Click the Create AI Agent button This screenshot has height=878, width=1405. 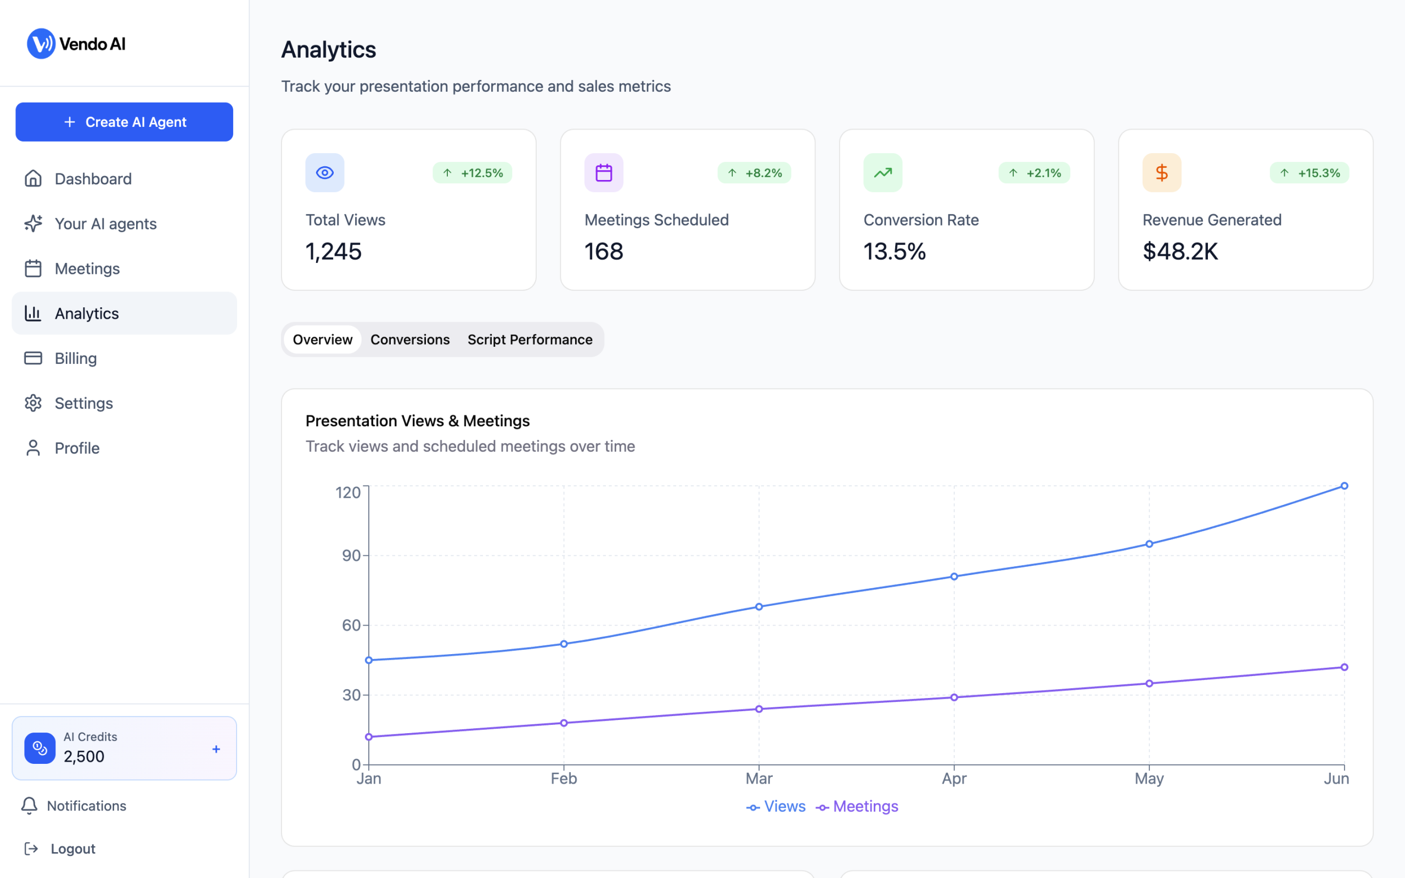[124, 122]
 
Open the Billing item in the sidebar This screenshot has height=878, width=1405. [76, 358]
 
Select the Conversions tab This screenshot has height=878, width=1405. [410, 340]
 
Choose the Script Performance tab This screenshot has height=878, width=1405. [530, 340]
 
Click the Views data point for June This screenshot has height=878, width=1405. [1344, 486]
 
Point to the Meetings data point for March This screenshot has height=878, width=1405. [759, 709]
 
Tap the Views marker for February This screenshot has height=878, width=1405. [564, 644]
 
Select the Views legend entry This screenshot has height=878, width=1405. [776, 807]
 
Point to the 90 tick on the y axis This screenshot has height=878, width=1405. [351, 556]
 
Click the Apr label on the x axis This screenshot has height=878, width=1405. [954, 779]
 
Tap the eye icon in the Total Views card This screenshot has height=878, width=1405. [324, 172]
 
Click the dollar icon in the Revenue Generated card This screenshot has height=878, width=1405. [1162, 172]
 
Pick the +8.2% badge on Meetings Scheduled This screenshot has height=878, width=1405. [754, 173]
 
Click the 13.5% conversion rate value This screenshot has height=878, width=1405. [894, 251]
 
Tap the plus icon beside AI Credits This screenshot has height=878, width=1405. [216, 749]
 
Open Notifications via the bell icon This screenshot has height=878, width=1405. [30, 806]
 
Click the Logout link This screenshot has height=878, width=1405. [72, 849]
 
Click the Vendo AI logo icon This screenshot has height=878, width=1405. [41, 43]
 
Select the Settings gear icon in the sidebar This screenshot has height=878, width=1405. [33, 403]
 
